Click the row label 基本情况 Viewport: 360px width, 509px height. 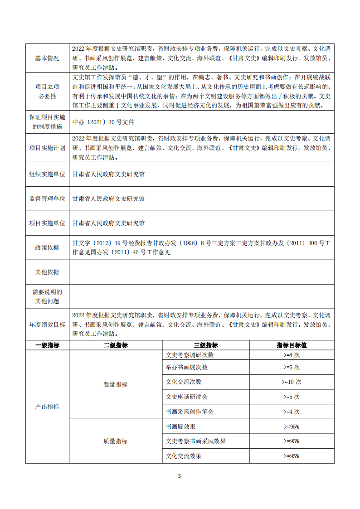(47, 58)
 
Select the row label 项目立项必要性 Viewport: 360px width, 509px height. (47, 91)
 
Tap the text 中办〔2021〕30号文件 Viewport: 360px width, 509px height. (103, 122)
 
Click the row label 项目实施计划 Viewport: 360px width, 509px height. (47, 148)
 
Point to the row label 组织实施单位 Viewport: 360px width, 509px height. (47, 174)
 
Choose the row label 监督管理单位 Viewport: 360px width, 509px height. (47, 199)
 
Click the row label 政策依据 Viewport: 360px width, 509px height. (47, 247)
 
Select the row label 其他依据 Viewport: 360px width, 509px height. (47, 272)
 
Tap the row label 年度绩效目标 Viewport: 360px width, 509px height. (47, 325)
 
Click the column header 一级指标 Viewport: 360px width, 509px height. (47, 345)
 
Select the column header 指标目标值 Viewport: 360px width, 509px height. (292, 345)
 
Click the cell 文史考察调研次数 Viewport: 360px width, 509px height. (190, 355)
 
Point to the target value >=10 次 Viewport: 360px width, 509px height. (292, 382)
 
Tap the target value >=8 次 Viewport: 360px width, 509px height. (292, 355)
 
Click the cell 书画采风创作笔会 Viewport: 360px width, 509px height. (190, 412)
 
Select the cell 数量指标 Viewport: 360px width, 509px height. (116, 384)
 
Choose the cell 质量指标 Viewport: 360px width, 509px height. (116, 441)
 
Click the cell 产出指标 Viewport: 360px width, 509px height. (47, 407)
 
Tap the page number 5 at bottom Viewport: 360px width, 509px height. (180, 476)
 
